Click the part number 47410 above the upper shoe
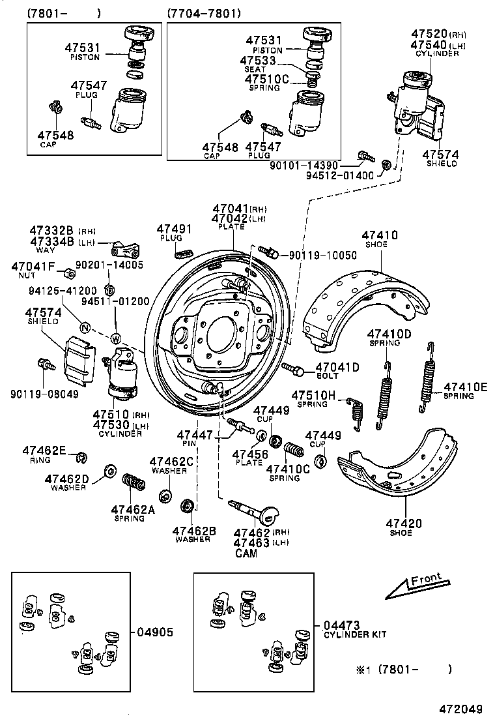(380, 235)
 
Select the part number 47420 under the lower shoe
(404, 523)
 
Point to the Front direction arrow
(414, 585)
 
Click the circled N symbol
(84, 328)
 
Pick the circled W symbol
(115, 338)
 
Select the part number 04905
(155, 632)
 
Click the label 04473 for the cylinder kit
(341, 625)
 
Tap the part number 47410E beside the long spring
(465, 387)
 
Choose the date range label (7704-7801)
(204, 13)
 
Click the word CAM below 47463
(246, 554)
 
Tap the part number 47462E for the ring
(44, 450)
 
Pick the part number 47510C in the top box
(266, 79)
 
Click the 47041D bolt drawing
(293, 370)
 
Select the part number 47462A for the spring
(133, 510)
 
